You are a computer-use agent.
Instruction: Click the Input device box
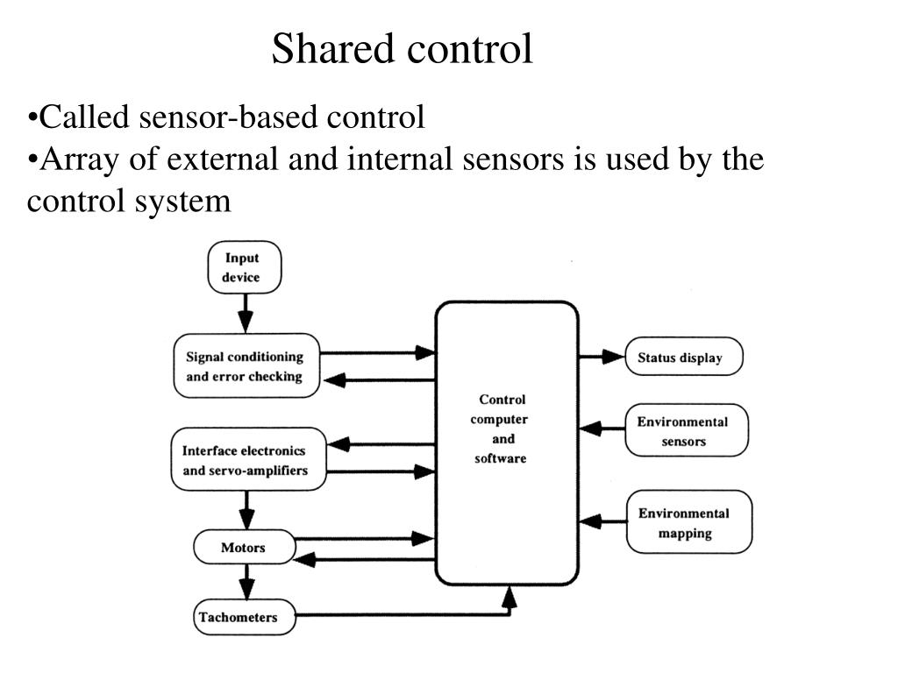(x=245, y=267)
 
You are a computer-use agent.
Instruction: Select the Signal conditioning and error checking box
(x=246, y=365)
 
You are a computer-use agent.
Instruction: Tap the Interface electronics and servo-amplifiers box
(x=248, y=459)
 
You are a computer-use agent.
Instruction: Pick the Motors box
(x=245, y=548)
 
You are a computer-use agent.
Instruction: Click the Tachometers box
(x=245, y=617)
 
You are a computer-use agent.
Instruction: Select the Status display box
(x=684, y=357)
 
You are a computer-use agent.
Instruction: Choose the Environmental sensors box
(x=687, y=430)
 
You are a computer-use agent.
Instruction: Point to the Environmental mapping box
(x=689, y=522)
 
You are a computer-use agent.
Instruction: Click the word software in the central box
(x=501, y=458)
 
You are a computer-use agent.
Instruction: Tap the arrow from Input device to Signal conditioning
(x=246, y=314)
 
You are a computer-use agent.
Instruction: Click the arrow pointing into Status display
(x=602, y=357)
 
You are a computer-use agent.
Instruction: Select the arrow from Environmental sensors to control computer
(x=602, y=428)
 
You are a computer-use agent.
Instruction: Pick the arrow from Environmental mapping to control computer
(x=602, y=521)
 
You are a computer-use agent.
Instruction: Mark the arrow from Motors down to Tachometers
(x=246, y=582)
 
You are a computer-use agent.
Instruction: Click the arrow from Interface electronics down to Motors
(x=246, y=511)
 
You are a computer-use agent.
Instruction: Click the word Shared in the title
(x=333, y=48)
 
